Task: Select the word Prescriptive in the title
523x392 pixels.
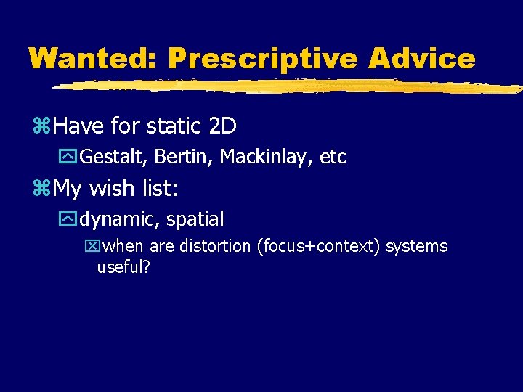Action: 264,59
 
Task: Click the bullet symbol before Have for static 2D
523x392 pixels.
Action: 41,127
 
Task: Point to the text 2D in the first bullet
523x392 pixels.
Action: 222,126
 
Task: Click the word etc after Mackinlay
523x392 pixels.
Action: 333,157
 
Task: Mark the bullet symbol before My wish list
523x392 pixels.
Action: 41,189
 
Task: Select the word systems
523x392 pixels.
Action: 417,247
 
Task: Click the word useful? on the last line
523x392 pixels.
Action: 123,268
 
